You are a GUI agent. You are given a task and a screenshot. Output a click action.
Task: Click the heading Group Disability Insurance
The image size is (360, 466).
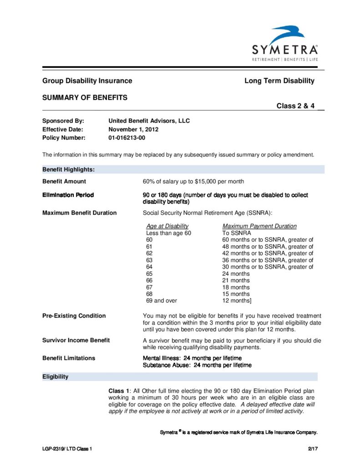click(87, 81)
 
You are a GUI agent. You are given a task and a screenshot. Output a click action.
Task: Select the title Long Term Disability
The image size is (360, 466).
click(279, 81)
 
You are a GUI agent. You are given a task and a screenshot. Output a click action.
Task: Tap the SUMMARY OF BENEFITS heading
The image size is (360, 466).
click(85, 97)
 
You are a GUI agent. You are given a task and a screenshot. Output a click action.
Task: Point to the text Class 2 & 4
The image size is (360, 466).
click(296, 106)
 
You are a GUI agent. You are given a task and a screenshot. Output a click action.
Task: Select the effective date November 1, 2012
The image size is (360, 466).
click(133, 129)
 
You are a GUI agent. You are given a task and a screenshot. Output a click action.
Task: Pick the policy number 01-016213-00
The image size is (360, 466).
click(127, 137)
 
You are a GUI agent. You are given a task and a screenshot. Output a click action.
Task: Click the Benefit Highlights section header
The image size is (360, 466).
click(69, 169)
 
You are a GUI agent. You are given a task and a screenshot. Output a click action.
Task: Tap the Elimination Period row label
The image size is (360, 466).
click(68, 195)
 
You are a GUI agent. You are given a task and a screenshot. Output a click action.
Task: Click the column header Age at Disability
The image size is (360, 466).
click(167, 226)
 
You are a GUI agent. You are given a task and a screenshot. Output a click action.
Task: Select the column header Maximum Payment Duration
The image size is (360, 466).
click(259, 226)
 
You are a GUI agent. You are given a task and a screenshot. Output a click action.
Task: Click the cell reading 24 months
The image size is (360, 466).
click(236, 274)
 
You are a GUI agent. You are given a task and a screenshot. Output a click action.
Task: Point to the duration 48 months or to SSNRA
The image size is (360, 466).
click(268, 247)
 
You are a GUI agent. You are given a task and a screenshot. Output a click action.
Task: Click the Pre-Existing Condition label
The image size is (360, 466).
click(74, 316)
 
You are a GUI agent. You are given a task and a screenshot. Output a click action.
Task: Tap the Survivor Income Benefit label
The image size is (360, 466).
click(76, 340)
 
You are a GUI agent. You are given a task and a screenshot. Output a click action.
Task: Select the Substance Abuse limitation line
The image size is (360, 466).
click(197, 365)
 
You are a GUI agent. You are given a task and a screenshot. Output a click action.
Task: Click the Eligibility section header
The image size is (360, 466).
click(56, 377)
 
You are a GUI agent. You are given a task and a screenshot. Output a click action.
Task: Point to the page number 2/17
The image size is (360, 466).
click(313, 450)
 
